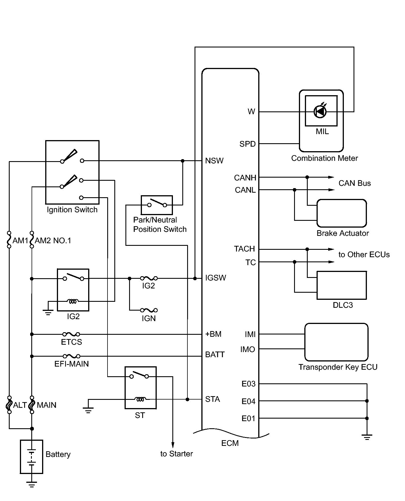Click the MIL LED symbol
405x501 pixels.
320,111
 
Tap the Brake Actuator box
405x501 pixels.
342,213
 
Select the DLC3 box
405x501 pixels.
342,285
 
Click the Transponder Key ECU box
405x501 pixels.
336,342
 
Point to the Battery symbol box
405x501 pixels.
32,457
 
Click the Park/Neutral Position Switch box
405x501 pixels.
157,205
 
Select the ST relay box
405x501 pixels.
140,388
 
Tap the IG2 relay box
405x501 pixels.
73,290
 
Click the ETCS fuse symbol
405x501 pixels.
71,334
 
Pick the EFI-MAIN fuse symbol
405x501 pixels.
71,356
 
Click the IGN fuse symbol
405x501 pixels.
149,310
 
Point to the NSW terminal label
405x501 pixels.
214,161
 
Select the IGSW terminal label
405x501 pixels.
216,278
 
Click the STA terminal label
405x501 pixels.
213,399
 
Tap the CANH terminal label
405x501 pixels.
245,178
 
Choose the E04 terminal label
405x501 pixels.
249,401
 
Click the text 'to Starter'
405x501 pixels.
177,454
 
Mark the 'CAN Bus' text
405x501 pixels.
355,183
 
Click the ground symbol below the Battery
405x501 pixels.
32,484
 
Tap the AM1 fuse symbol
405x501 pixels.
9,239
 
